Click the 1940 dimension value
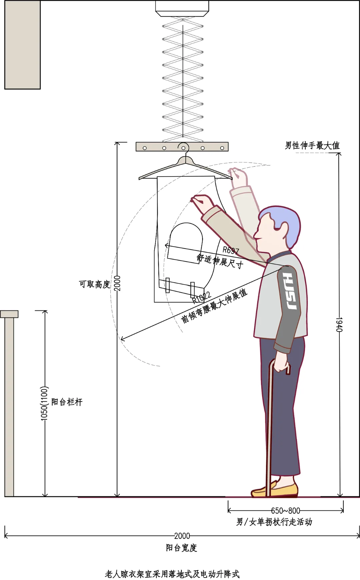point(339,324)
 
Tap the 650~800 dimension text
point(285,511)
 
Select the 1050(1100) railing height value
point(44,403)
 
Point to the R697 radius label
point(231,250)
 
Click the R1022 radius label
point(202,297)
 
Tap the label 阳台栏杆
point(67,402)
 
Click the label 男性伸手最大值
point(312,146)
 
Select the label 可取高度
point(95,284)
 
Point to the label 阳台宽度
point(182,548)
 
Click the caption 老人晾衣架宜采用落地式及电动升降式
point(172,574)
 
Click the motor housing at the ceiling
point(182,8)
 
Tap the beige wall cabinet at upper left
point(22,45)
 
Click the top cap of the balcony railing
point(9,314)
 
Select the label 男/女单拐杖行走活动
point(274,522)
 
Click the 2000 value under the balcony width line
point(182,536)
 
